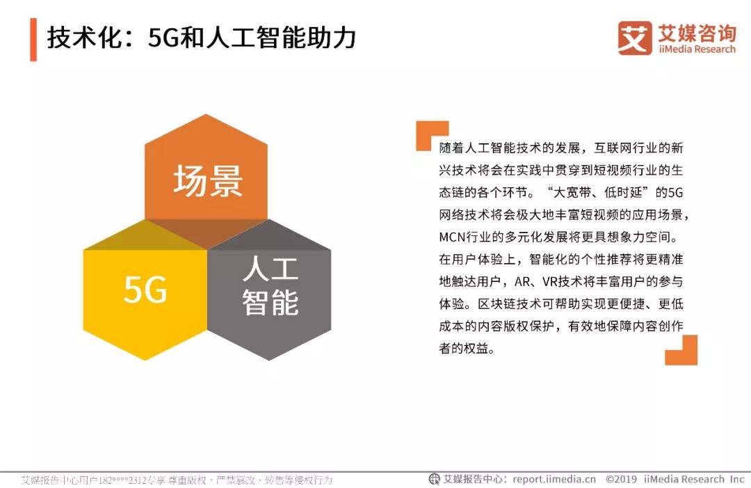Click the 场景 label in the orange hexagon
coord(208,181)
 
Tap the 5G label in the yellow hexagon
coord(145,289)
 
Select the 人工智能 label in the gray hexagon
coord(270,285)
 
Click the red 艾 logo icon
coord(635,38)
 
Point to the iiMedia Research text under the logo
coord(697,49)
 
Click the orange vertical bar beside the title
coord(33,40)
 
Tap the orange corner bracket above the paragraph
coord(432,135)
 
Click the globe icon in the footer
coord(434,479)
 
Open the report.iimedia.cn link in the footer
coord(554,479)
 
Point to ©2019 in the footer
coord(621,479)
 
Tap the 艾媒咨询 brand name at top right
coord(697,33)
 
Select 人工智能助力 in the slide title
coord(281,38)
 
